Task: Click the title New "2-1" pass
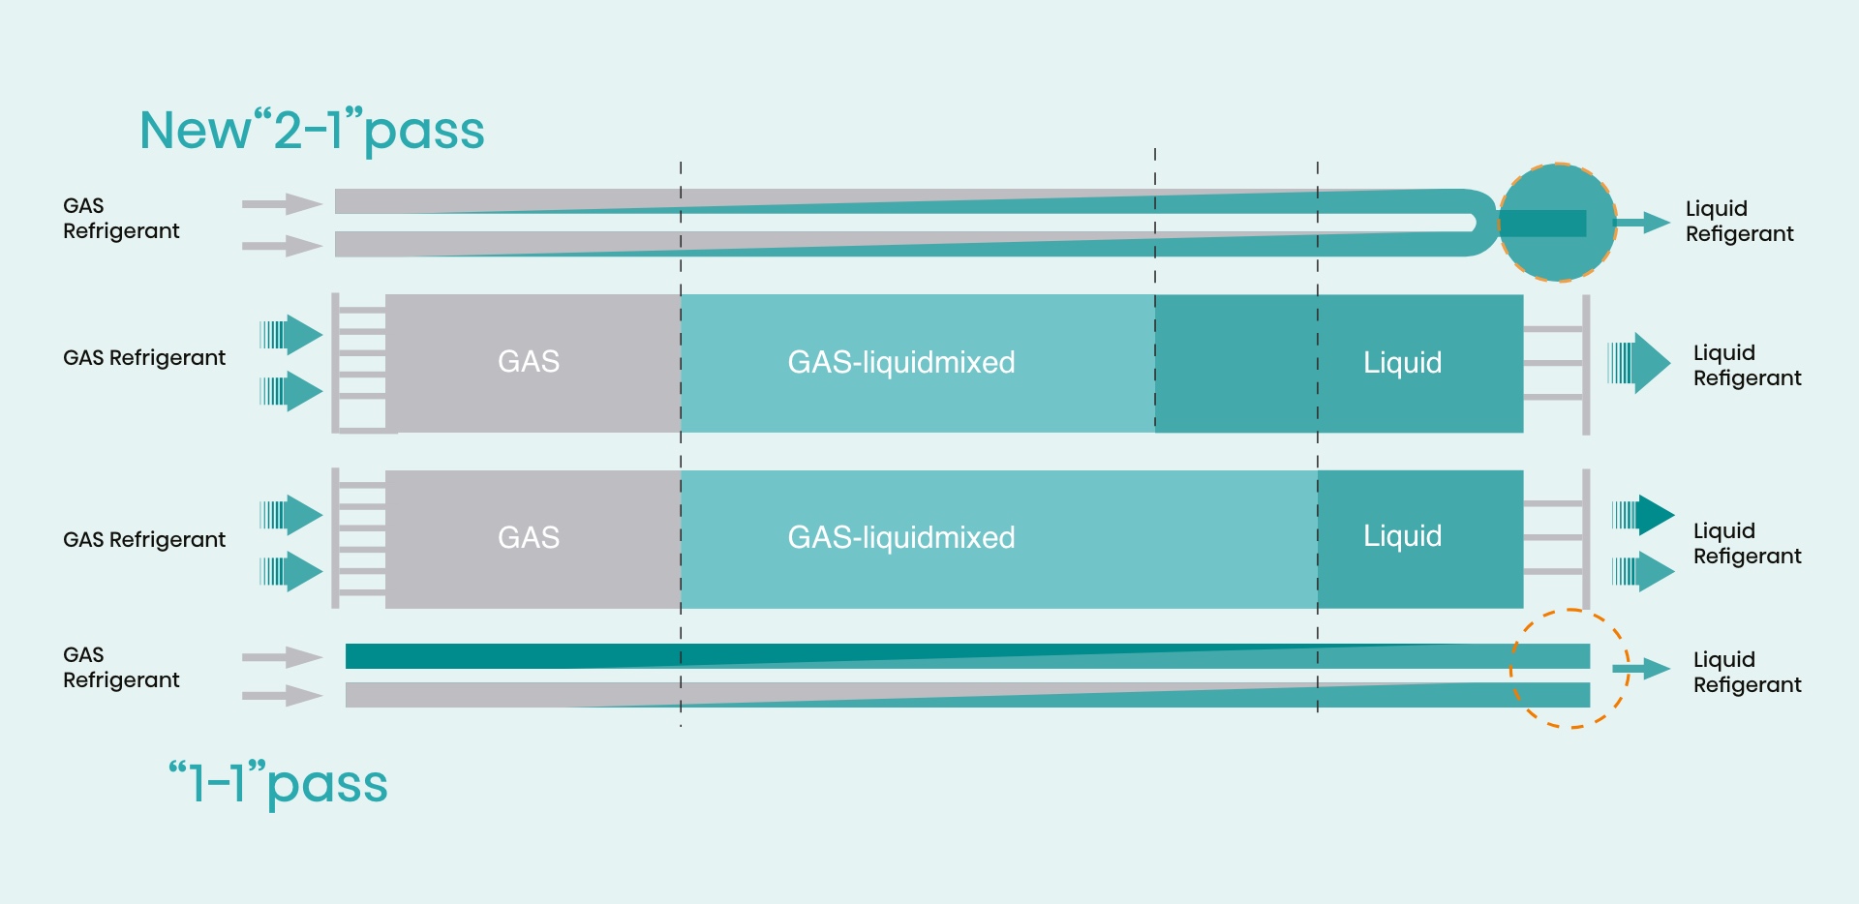pyautogui.click(x=312, y=130)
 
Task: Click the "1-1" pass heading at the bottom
pyautogui.click(x=278, y=784)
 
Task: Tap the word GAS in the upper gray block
pyautogui.click(x=529, y=362)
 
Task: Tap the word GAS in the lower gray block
pyautogui.click(x=529, y=537)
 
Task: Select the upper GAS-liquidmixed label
pyautogui.click(x=900, y=363)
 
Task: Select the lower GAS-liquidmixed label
pyautogui.click(x=900, y=538)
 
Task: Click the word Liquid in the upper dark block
pyautogui.click(x=1402, y=363)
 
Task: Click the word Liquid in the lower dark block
pyautogui.click(x=1402, y=536)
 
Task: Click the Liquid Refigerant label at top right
pyautogui.click(x=1739, y=222)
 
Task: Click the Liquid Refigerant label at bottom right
pyautogui.click(x=1747, y=672)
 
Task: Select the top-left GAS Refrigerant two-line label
pyautogui.click(x=121, y=219)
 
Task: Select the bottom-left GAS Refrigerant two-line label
pyautogui.click(x=121, y=668)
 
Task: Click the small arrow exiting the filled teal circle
pyautogui.click(x=1643, y=223)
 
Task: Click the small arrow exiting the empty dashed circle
pyautogui.click(x=1642, y=668)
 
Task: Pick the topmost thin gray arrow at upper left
pyautogui.click(x=282, y=204)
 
